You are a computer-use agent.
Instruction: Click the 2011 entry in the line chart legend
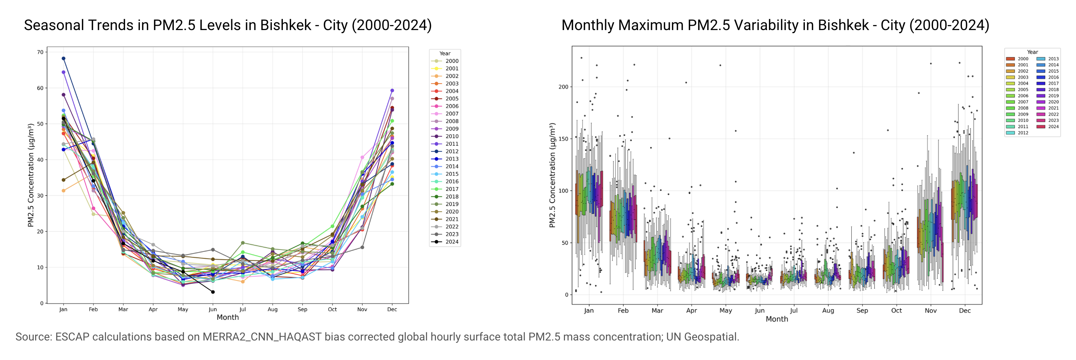(x=445, y=144)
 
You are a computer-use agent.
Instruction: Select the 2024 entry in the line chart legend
(x=445, y=242)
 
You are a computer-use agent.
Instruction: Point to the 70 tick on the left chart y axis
(x=40, y=52)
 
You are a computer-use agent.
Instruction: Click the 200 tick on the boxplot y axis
(x=563, y=87)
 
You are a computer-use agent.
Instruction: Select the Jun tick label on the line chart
(x=213, y=310)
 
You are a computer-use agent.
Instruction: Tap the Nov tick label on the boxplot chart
(x=931, y=310)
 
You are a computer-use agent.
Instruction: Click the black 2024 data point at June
(x=213, y=292)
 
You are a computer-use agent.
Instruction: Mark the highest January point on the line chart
(x=64, y=59)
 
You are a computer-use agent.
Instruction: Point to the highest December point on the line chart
(x=392, y=90)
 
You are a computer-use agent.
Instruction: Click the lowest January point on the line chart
(x=64, y=191)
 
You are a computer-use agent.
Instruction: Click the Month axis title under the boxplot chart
(x=776, y=319)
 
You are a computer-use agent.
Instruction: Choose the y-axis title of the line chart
(x=30, y=175)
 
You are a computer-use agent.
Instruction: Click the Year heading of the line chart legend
(x=445, y=53)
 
